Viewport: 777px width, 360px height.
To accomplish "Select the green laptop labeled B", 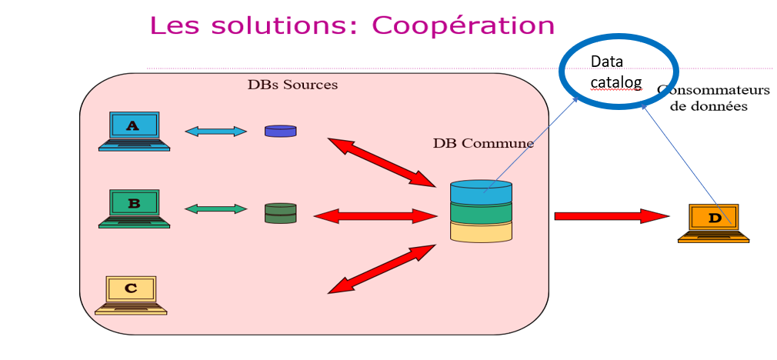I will (x=134, y=208).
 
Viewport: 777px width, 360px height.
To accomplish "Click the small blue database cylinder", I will (x=280, y=132).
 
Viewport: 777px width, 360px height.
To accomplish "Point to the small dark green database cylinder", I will (x=280, y=213).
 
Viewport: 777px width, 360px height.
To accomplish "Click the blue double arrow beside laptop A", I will (x=215, y=132).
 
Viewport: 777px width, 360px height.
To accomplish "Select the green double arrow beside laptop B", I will (x=215, y=208).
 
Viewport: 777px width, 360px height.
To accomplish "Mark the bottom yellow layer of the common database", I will (x=481, y=231).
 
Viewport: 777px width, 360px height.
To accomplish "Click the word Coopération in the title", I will (x=463, y=25).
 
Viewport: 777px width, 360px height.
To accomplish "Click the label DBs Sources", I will (x=292, y=85).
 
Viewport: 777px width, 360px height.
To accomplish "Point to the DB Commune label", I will (x=483, y=143).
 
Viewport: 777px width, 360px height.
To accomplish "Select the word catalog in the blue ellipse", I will (x=616, y=79).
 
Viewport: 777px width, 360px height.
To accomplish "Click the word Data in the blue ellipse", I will (x=607, y=62).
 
